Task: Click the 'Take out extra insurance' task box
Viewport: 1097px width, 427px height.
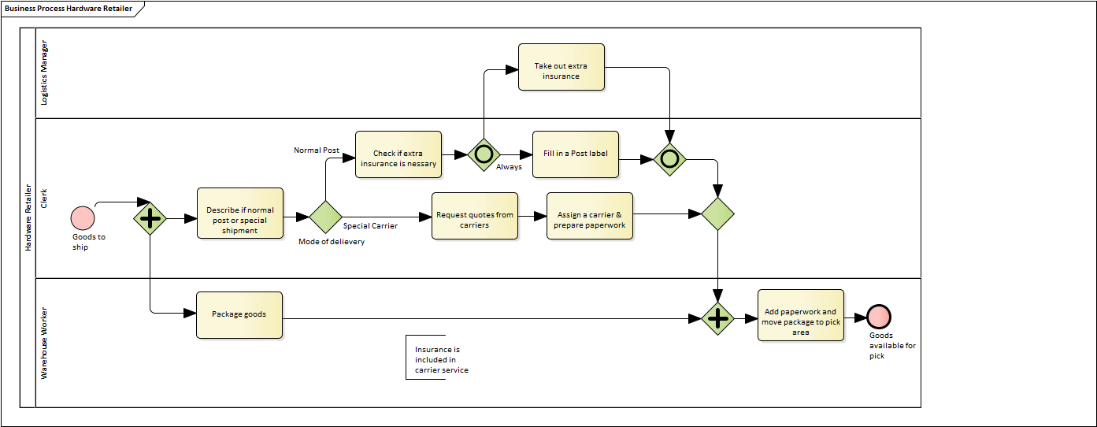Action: tap(561, 67)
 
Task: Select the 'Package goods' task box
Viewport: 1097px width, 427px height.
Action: tap(239, 315)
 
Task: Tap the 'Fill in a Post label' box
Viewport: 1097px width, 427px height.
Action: tap(576, 154)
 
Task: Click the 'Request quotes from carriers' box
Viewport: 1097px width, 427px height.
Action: tap(475, 216)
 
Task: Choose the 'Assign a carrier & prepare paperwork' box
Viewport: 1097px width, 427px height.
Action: tap(589, 216)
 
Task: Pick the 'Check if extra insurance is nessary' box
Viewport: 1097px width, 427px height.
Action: tap(398, 154)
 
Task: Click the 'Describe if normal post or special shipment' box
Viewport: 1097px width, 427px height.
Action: tap(240, 213)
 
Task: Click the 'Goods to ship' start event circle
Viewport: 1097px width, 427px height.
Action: tap(83, 218)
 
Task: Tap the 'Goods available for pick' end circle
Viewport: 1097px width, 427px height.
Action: tap(879, 317)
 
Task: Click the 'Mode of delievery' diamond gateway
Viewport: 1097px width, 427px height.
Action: tap(325, 217)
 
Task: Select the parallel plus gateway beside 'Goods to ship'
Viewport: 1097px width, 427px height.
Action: tap(150, 218)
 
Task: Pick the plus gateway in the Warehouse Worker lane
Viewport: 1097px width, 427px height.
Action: tap(717, 318)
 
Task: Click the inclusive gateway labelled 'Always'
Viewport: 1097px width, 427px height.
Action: tap(484, 154)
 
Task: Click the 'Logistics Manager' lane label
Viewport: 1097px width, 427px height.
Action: tap(45, 72)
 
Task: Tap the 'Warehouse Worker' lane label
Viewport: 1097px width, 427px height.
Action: tap(45, 343)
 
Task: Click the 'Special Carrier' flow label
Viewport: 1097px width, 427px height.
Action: tap(370, 226)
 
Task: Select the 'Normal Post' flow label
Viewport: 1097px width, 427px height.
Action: tap(317, 150)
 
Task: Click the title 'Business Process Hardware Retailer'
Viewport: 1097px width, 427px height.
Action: tap(69, 9)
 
